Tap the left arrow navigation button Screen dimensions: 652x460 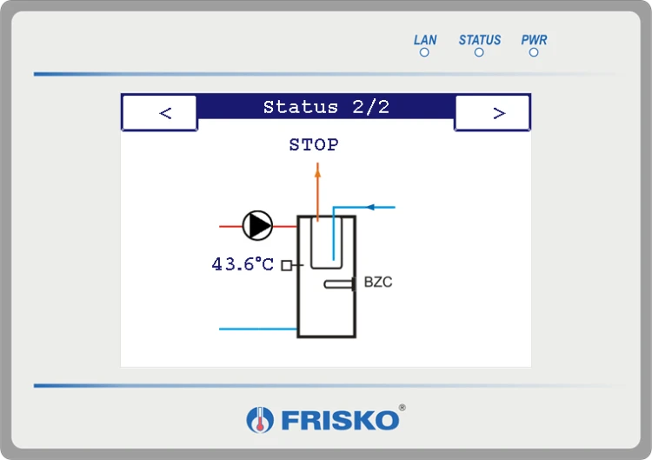pos(160,113)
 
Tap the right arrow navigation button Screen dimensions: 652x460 pos(492,113)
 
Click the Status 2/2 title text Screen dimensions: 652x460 pos(326,107)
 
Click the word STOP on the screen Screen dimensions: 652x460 pos(314,144)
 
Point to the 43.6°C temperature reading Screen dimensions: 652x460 pos(243,264)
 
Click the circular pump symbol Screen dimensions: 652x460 pos(258,226)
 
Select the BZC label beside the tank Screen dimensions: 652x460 pos(378,282)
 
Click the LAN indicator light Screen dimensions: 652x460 pos(424,52)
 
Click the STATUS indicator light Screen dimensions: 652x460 pos(479,52)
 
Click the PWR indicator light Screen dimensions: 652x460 pos(534,52)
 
